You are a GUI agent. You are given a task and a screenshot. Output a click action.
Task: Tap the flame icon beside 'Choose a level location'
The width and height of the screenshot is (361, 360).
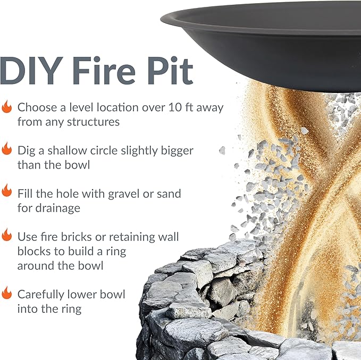pos(7,107)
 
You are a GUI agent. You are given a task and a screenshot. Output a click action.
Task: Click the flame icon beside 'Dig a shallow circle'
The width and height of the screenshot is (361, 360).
pos(7,149)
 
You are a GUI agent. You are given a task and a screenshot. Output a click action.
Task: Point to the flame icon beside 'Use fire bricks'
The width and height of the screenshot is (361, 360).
pos(7,235)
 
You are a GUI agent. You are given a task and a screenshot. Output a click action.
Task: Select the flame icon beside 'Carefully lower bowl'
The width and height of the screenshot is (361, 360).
pos(7,293)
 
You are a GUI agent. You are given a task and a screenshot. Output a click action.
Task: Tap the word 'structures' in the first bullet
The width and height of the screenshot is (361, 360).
pos(94,122)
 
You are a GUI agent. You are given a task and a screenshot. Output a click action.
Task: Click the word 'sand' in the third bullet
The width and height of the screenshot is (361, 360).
pos(167,192)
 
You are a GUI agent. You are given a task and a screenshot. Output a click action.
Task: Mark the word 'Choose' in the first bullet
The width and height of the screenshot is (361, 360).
pos(37,107)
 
